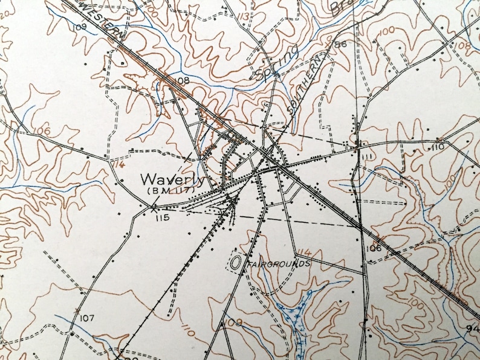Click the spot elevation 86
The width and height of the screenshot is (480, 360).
click(x=340, y=44)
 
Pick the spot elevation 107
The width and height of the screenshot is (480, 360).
click(x=87, y=318)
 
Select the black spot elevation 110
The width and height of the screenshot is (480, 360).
click(x=438, y=147)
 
